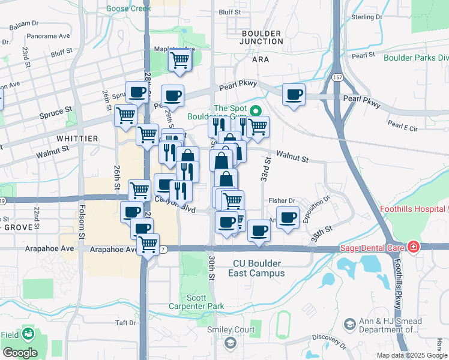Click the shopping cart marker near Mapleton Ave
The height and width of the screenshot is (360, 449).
[180, 60]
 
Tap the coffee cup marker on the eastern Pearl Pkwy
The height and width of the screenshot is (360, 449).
[294, 95]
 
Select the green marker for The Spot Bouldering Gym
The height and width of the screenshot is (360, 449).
[255, 111]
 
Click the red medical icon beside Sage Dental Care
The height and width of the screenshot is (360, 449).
[413, 247]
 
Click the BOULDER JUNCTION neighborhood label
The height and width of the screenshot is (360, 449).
[262, 37]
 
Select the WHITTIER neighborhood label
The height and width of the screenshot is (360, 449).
[77, 138]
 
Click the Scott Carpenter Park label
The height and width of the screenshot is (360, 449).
[205, 302]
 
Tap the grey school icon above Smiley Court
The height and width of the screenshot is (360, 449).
[230, 342]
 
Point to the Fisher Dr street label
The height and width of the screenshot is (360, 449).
[283, 201]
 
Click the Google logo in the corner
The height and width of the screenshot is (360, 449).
[20, 353]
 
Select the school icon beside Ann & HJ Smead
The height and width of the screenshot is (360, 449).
[349, 325]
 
